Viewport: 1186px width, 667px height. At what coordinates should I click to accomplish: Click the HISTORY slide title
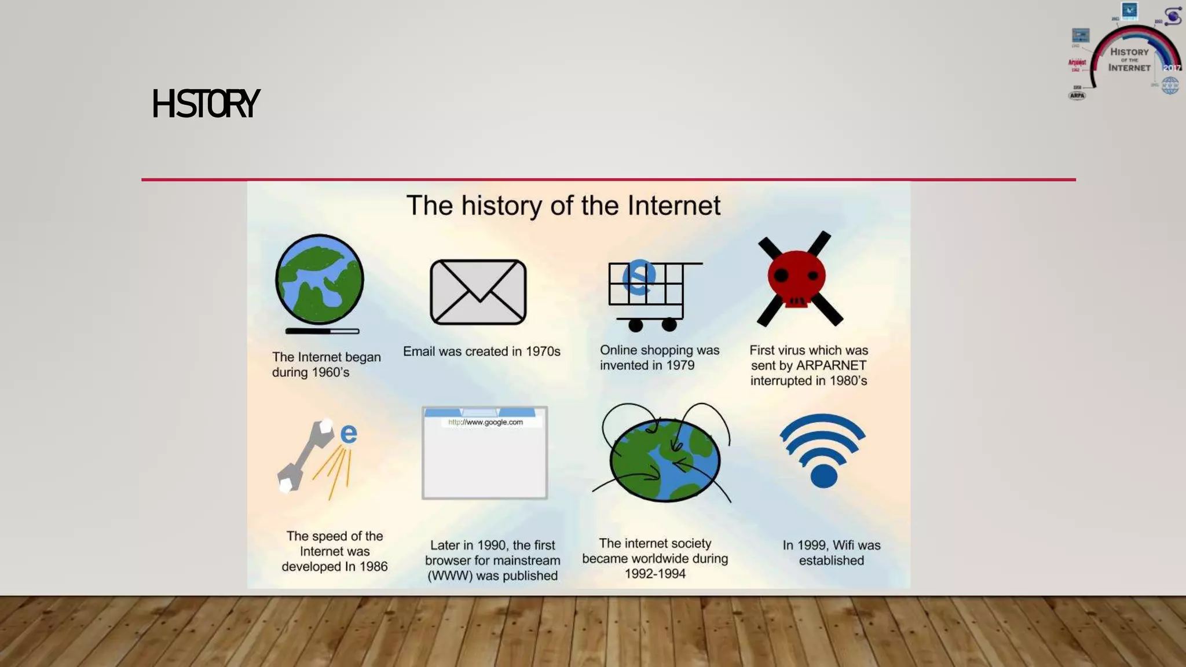coord(205,104)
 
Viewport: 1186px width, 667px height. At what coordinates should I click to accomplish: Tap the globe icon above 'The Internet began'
coord(320,280)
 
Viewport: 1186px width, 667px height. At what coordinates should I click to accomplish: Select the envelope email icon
coord(478,292)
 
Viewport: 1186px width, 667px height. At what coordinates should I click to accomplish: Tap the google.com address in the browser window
coord(485,422)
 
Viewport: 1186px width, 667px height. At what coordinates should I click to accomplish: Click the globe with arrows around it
coord(664,459)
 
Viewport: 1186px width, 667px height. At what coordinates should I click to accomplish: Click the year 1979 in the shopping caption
coord(680,365)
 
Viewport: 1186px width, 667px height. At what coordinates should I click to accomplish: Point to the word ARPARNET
coord(832,365)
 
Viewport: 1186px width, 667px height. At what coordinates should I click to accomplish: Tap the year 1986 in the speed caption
coord(374,566)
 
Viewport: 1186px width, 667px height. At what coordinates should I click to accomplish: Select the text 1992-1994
coord(655,574)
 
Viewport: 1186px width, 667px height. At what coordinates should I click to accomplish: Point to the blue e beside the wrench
coord(349,434)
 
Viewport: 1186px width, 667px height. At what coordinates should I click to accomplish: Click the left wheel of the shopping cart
coord(635,325)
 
